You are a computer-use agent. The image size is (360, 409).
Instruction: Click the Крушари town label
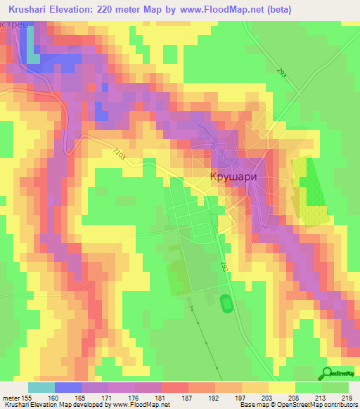point(231,178)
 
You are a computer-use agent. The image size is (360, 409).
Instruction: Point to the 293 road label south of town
point(224,266)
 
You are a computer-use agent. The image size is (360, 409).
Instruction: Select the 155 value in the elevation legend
point(28,397)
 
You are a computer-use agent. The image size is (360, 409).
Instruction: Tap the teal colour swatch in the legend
point(41,387)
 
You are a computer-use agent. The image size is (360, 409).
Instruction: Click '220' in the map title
point(117,9)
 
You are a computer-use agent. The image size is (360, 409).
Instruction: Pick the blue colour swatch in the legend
point(68,387)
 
